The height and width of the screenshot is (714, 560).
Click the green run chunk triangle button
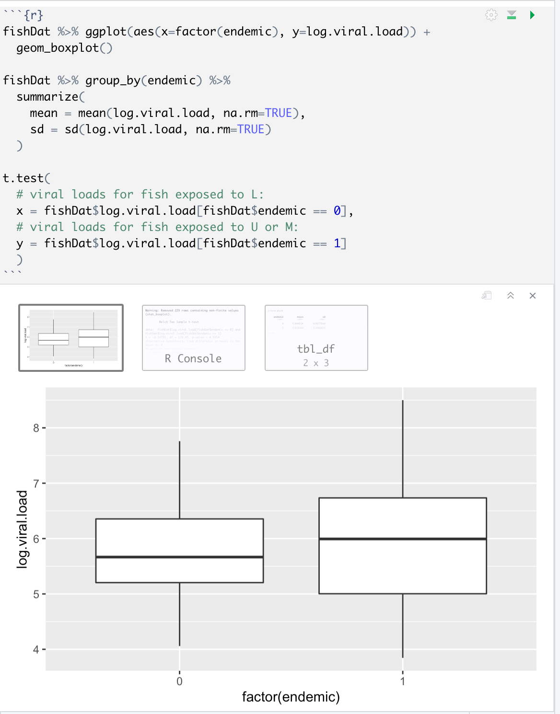click(532, 15)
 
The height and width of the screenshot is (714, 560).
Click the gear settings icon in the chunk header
click(491, 15)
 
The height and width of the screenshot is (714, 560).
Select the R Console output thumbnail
click(194, 338)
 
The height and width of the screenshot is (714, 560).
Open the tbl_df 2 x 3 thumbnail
click(316, 338)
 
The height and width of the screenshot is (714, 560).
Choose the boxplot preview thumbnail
click(71, 338)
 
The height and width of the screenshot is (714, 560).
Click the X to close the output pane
click(533, 296)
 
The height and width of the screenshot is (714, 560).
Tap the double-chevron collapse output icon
click(511, 296)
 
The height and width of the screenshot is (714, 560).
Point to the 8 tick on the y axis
click(36, 428)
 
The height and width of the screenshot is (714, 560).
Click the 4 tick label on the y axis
click(36, 650)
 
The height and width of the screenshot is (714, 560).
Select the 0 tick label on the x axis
click(179, 681)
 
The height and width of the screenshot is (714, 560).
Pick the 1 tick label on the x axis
click(403, 681)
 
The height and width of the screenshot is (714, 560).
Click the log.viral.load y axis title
click(23, 529)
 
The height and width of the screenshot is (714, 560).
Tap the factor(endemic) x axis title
click(291, 697)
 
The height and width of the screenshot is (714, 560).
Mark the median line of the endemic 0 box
click(180, 557)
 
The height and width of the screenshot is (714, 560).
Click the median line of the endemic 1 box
click(403, 539)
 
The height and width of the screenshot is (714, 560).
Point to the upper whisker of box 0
click(180, 479)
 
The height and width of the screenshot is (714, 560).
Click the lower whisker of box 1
click(403, 625)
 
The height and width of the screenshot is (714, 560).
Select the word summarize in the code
click(47, 97)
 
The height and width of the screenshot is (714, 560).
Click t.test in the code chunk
click(23, 178)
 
